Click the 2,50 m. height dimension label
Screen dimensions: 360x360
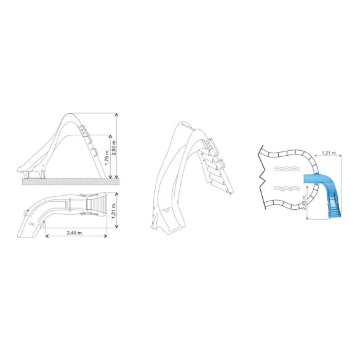click(x=114, y=147)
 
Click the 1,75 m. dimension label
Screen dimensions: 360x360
click(x=106, y=157)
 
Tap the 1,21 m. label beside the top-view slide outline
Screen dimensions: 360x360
click(x=114, y=210)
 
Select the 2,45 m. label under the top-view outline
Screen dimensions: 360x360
click(x=75, y=233)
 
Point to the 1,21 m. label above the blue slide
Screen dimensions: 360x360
click(x=329, y=153)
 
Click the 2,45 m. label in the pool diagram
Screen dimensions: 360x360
click(x=304, y=202)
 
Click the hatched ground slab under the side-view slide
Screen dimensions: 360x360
click(x=71, y=182)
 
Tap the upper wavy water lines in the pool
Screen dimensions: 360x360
click(x=287, y=169)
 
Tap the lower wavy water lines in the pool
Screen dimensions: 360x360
click(x=287, y=188)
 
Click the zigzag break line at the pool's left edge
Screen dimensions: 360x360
click(x=262, y=177)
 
